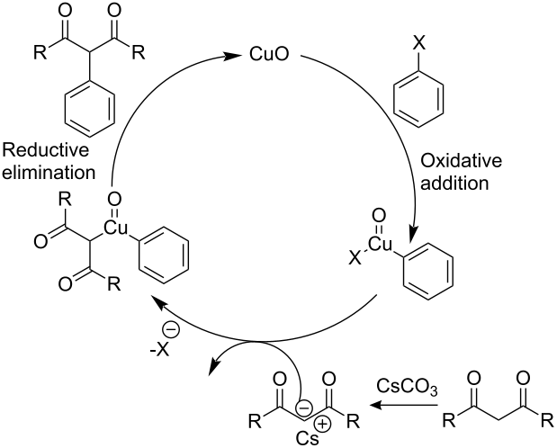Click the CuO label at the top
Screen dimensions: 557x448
pyautogui.click(x=269, y=55)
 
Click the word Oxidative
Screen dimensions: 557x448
pyautogui.click(x=461, y=161)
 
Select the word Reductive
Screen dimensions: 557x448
pyautogui.click(x=46, y=150)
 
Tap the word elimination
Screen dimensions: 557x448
pyautogui.click(x=49, y=173)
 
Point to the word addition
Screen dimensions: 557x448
pyautogui.click(x=454, y=184)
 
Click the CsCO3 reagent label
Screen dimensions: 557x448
pyautogui.click(x=407, y=387)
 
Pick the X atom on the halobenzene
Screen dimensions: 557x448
pyautogui.click(x=418, y=44)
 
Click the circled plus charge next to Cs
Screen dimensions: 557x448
pyautogui.click(x=322, y=424)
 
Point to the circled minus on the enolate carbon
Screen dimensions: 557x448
pyautogui.click(x=304, y=408)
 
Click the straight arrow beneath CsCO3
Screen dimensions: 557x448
pyautogui.click(x=403, y=405)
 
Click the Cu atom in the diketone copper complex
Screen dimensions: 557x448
pyautogui.click(x=115, y=228)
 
